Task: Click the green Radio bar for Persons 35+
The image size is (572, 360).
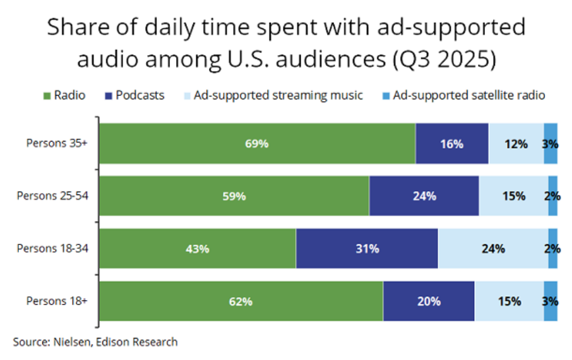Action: point(256,143)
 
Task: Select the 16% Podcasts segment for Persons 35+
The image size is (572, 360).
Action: point(451,143)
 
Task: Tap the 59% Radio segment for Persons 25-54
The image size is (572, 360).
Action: point(234,196)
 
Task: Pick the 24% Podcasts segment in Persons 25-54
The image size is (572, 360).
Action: point(424,196)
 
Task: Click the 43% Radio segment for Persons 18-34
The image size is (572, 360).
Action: point(197,248)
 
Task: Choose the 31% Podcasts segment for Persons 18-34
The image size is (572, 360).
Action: point(366,248)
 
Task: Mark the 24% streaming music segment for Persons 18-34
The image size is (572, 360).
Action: point(492,248)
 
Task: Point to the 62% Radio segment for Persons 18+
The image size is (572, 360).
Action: point(241,301)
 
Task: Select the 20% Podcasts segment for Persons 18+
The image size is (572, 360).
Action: point(429,301)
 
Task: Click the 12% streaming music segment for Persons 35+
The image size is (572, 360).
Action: point(516,143)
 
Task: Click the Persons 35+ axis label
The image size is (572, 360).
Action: point(56,143)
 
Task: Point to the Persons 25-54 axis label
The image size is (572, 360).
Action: point(52,195)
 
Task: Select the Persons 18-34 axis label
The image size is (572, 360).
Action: point(52,248)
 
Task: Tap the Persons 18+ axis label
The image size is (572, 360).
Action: point(56,301)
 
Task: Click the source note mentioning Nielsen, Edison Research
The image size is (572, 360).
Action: point(95,342)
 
